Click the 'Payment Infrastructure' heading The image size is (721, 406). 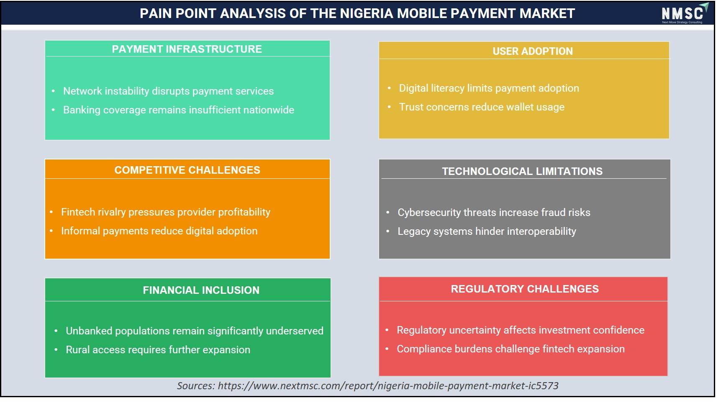[187, 49]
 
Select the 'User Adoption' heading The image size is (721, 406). [533, 51]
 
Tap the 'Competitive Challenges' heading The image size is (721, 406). [187, 170]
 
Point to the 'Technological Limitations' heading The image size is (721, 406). [522, 171]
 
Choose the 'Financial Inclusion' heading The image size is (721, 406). [201, 290]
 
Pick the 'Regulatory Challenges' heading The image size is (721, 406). [525, 289]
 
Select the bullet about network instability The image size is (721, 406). [168, 91]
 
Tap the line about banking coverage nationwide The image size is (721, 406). [179, 110]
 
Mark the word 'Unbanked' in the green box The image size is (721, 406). [89, 331]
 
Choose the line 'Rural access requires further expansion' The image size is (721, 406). [158, 350]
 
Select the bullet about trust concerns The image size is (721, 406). [482, 107]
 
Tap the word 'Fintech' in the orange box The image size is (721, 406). [78, 212]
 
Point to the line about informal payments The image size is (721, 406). [159, 231]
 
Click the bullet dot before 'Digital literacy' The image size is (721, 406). [389, 88]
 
